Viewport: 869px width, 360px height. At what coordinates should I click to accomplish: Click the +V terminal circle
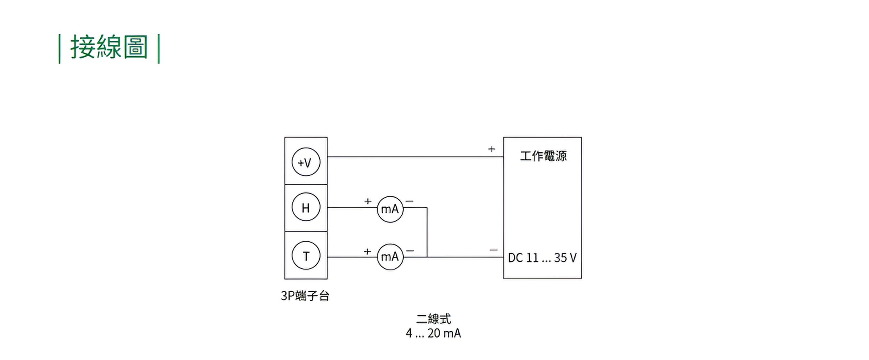tap(306, 162)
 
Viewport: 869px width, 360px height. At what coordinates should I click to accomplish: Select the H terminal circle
tap(306, 207)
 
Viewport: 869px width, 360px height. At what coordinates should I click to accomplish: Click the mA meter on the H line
tap(390, 209)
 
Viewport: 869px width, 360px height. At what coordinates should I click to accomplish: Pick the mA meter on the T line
tap(390, 257)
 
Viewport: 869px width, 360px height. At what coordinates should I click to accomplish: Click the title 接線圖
tap(109, 48)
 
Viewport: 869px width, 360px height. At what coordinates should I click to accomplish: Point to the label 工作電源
tap(543, 156)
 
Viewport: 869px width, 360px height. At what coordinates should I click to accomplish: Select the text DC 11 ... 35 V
tap(542, 258)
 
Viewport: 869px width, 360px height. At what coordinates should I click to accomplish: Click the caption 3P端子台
tap(305, 296)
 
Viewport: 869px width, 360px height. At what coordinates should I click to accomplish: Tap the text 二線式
tap(434, 318)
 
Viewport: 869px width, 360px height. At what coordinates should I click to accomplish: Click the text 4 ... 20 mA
tap(434, 333)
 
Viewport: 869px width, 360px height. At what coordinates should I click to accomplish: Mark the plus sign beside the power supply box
tap(491, 149)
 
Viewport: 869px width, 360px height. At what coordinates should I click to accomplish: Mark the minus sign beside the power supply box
tap(493, 250)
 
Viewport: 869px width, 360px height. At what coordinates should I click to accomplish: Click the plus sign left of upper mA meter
tap(368, 201)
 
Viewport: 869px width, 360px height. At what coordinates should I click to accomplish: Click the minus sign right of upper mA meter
tap(409, 201)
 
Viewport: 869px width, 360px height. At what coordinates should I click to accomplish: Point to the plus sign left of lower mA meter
tap(367, 251)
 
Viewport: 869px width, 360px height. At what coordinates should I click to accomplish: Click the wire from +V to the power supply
tap(415, 156)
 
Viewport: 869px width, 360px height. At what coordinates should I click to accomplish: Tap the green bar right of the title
tap(159, 49)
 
